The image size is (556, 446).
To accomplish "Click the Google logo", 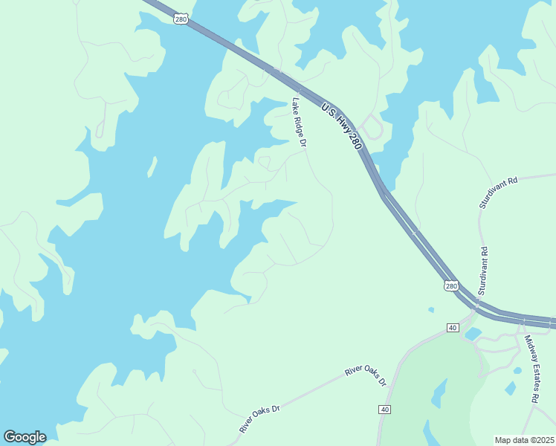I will point(25,437).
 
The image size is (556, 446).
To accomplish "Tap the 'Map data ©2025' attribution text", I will point(524,440).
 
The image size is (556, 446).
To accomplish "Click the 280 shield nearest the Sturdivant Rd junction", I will point(451,286).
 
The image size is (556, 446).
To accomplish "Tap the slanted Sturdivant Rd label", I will point(498,192).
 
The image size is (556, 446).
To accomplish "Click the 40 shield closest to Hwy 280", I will point(453,328).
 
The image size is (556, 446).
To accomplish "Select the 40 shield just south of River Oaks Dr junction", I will point(384,410).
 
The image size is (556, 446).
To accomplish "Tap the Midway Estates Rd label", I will point(531,369).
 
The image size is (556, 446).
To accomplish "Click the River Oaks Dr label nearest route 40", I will point(366,376).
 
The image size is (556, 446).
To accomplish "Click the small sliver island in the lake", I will point(152,166).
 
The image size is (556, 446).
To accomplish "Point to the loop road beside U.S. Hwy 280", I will point(374,129).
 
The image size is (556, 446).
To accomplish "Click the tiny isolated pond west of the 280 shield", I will point(431,309).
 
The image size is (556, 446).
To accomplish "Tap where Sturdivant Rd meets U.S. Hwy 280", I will point(476,304).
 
